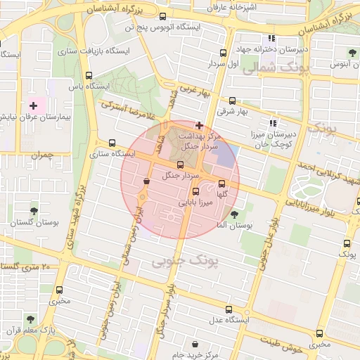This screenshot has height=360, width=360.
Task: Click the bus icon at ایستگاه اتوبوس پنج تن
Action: pos(163,17)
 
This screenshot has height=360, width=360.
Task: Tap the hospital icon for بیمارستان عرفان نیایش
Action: pos(33,105)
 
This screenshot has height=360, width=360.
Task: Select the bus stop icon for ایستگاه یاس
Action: pos(89,76)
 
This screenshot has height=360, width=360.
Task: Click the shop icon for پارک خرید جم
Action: pos(195,345)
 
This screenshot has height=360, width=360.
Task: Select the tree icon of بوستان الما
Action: pos(234,214)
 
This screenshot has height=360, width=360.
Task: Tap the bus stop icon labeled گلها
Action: pos(222,184)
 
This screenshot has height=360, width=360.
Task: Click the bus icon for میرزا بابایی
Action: pos(195,191)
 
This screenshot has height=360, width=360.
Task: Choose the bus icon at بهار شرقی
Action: pos(232,101)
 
